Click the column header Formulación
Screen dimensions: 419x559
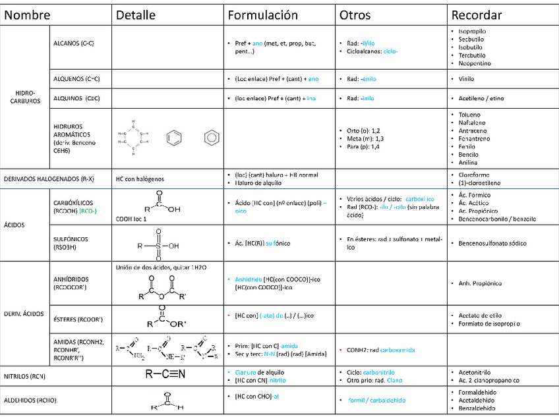click(x=263, y=14)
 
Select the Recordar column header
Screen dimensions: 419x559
click(x=477, y=14)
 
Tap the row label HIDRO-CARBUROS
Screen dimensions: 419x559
click(x=26, y=97)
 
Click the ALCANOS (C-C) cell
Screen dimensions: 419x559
click(x=74, y=43)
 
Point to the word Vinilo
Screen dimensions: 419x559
click(x=466, y=78)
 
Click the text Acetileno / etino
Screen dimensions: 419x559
click(x=481, y=98)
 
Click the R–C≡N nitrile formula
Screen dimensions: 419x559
click(x=165, y=374)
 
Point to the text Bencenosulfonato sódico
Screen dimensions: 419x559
click(x=493, y=243)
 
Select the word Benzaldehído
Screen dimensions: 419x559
click(x=477, y=408)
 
